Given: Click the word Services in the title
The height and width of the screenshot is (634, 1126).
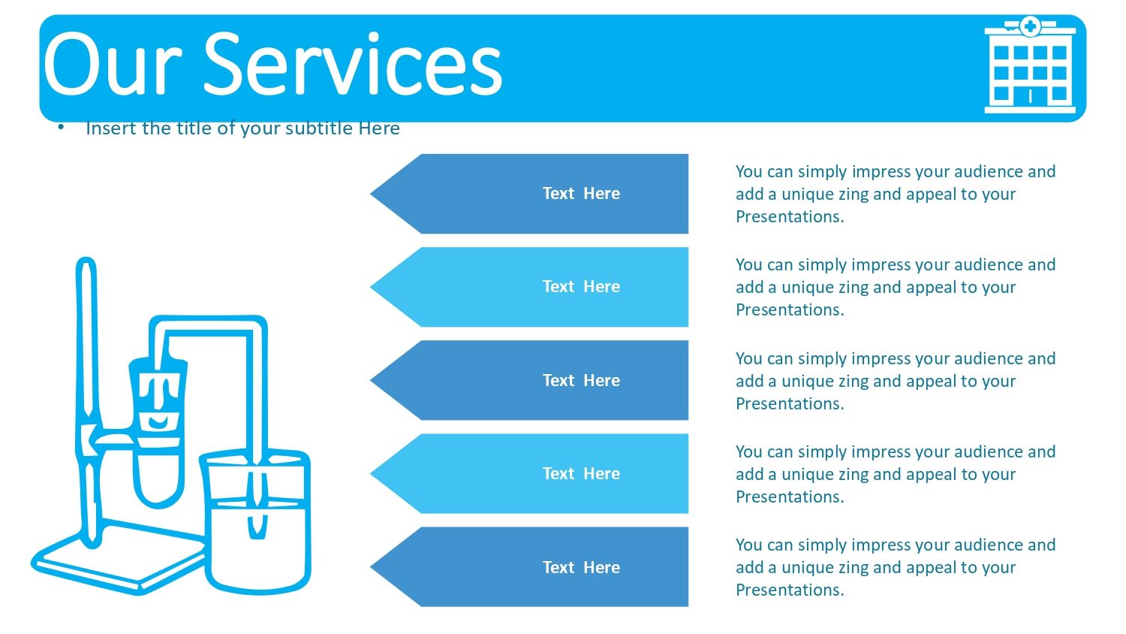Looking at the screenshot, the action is click(353, 63).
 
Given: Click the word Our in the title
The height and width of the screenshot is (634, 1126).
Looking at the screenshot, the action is click(113, 65).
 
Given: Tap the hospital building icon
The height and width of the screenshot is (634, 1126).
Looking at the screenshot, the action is click(1029, 65).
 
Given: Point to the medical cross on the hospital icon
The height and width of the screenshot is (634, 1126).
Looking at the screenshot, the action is click(1030, 26).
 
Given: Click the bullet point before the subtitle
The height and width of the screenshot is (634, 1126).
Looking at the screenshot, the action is click(61, 127).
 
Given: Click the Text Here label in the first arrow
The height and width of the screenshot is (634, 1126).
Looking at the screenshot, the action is click(581, 193).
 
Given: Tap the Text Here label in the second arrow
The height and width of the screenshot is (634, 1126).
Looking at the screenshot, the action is click(581, 286).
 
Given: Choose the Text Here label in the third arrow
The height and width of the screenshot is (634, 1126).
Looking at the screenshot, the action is click(581, 380).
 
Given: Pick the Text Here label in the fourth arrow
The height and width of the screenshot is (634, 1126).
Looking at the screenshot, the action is click(581, 473).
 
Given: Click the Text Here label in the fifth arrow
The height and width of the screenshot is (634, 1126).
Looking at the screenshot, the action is click(581, 567).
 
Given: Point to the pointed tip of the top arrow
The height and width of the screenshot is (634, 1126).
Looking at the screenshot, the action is click(371, 193).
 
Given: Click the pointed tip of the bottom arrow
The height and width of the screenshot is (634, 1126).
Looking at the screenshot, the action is click(371, 567).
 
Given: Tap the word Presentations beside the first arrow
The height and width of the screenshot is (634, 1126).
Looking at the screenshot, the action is click(790, 216).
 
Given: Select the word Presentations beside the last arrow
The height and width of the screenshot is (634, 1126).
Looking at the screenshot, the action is click(790, 590).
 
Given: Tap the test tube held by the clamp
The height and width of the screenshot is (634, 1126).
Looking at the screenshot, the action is click(158, 433).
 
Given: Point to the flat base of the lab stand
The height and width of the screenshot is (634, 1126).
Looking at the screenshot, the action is click(119, 559).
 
